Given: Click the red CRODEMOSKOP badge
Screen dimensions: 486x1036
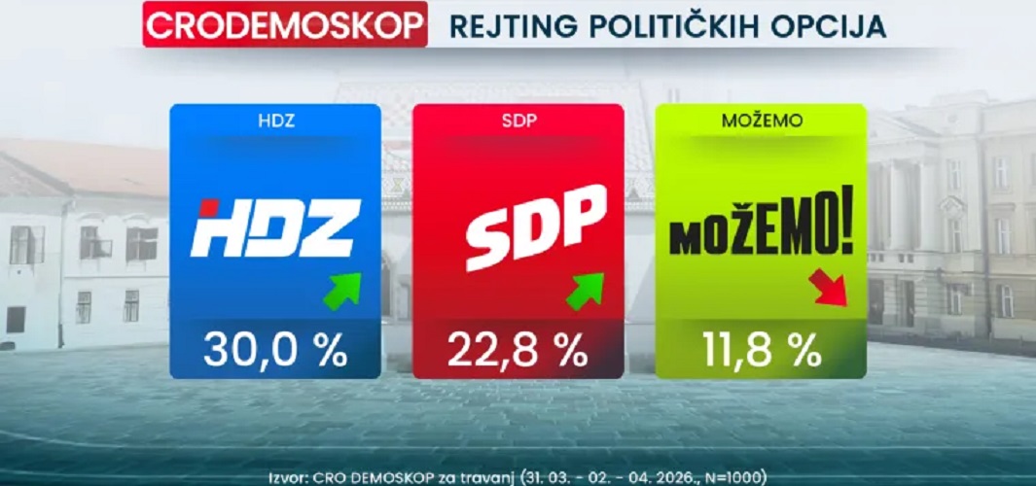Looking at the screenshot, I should click(285, 26).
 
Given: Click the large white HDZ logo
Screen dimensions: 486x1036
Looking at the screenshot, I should click(276, 228).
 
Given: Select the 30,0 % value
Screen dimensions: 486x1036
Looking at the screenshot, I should click(274, 350).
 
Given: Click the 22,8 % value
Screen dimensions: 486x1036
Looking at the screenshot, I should click(518, 350).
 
